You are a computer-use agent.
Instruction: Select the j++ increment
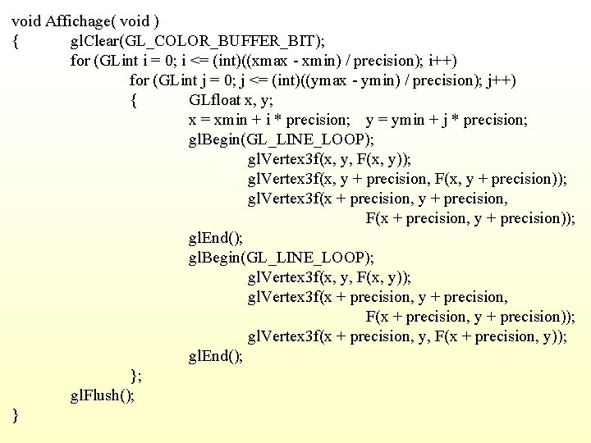coord(502,80)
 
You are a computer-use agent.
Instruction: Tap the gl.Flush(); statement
coord(103,395)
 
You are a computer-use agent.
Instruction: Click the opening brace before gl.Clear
coord(16,40)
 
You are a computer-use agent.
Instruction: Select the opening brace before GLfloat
coord(134,99)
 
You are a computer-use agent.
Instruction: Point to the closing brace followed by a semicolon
coord(136,376)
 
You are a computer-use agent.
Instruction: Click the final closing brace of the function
coord(16,415)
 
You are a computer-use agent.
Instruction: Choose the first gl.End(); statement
coord(216,238)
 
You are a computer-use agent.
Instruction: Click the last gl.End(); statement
coord(216,356)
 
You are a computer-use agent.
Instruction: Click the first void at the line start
coord(26,21)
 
